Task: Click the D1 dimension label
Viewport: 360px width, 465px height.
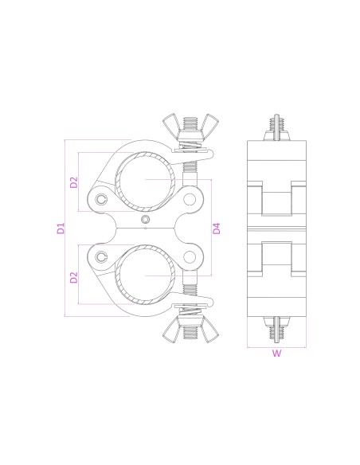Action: tap(61, 229)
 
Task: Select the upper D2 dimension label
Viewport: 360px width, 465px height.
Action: tap(73, 182)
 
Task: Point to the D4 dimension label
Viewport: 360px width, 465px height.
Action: tap(217, 229)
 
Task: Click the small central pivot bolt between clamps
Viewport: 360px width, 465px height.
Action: tap(144, 220)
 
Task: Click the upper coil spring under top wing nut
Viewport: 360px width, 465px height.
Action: tap(189, 147)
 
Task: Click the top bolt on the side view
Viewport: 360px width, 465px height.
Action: tap(276, 127)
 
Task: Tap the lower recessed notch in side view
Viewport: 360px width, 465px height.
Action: tap(276, 256)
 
